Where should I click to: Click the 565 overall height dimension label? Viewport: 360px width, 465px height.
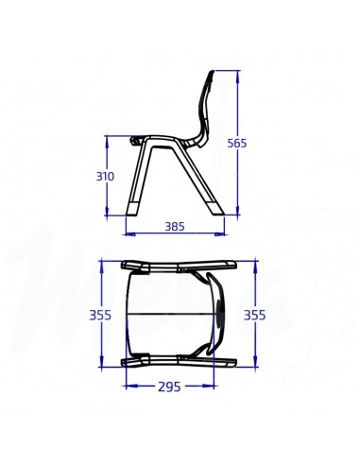point(236,143)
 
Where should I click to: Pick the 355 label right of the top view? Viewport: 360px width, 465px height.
point(254,315)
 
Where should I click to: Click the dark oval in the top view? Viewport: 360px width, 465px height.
point(221,314)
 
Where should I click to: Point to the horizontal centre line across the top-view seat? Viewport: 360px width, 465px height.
point(170,314)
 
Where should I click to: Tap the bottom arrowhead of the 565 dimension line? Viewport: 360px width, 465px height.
point(238,213)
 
